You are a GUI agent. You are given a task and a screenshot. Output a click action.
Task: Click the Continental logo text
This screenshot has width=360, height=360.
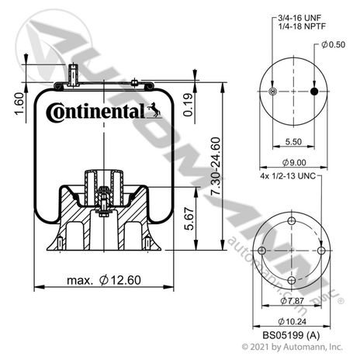click(95, 112)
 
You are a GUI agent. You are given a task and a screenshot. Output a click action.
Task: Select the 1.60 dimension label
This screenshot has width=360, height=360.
click(19, 104)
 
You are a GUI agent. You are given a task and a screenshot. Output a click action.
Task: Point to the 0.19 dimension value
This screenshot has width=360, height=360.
click(189, 105)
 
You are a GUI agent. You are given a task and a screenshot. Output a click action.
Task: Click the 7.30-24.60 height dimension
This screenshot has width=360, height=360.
click(216, 166)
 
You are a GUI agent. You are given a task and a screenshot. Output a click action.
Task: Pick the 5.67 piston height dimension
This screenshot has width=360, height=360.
click(189, 219)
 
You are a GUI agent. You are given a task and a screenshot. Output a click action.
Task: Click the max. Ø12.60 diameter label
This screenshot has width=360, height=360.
click(104, 280)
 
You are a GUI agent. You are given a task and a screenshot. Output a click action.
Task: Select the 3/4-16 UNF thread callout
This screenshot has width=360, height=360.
click(299, 18)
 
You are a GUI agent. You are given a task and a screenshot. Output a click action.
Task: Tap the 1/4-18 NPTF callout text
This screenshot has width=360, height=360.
click(302, 26)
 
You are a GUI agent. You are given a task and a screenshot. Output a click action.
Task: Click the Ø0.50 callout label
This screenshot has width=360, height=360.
click(333, 44)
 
